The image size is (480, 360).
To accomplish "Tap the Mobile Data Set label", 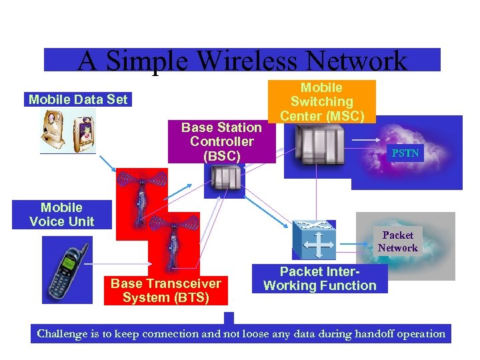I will (78, 100).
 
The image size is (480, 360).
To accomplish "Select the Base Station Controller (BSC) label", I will (221, 141).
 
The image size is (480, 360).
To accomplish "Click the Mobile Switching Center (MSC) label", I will (322, 101).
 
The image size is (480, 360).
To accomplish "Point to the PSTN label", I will (405, 153).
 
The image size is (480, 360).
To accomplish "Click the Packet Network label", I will (397, 241).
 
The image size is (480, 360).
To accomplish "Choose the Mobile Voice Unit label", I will (62, 215).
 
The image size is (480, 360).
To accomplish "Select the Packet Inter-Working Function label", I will (320, 279).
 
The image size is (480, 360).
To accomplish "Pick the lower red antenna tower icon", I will (173, 241).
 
